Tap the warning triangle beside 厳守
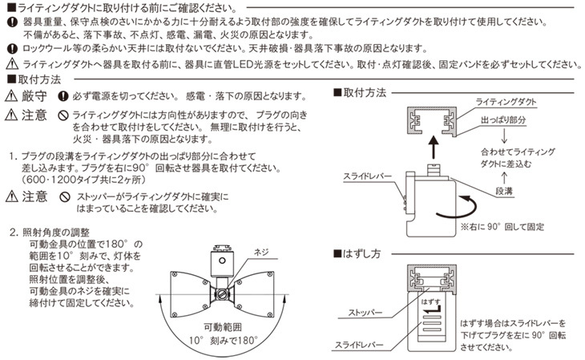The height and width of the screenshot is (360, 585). [x=11, y=95]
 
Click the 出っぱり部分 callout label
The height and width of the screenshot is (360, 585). [x=503, y=119]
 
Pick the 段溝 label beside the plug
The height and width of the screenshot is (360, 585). [x=503, y=192]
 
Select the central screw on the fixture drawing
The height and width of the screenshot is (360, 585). [x=218, y=293]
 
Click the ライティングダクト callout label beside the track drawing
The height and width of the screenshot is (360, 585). [x=506, y=103]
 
